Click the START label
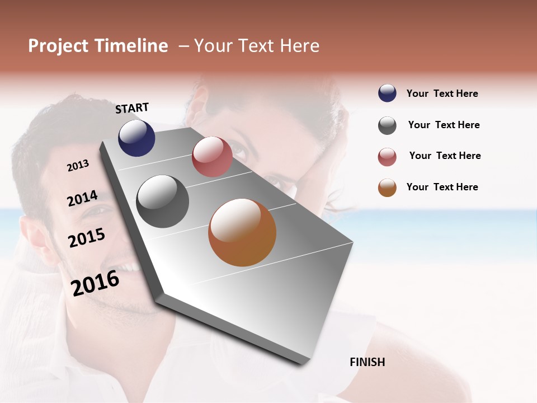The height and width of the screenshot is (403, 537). coord(132,108)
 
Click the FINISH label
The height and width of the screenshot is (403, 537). coord(368,362)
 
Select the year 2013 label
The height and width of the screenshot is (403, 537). coord(78,166)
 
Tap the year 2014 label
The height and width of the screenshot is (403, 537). coord(82,198)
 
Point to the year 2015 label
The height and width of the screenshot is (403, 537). coord(87,238)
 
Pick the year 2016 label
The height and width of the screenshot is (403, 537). coord(95,283)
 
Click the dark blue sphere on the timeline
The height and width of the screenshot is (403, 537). coord(136,138)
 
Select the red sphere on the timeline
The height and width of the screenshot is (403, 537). coord(212,157)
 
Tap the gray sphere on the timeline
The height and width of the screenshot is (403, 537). coord(163,201)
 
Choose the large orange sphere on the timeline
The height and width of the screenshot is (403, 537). coord(242,232)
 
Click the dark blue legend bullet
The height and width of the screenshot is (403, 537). coord(387,93)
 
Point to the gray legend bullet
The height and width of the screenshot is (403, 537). coord(387,125)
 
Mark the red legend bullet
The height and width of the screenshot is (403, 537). coord(387,157)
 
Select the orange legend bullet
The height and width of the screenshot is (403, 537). coord(387,188)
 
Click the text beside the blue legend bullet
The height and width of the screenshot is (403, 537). coord(442,93)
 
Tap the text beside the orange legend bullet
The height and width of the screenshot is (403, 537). coord(442,187)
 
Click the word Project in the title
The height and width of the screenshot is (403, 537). coord(58,46)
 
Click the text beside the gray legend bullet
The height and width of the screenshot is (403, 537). coord(444,125)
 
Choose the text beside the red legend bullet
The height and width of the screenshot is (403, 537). coord(445,156)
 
